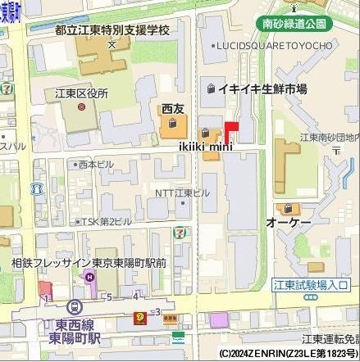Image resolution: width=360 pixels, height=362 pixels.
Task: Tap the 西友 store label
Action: pyautogui.click(x=173, y=108)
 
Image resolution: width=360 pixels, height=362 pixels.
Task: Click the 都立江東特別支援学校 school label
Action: pyautogui.click(x=112, y=29)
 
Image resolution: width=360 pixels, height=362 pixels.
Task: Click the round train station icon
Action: pyautogui.click(x=75, y=305)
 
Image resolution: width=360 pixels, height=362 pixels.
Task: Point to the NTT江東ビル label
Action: pyautogui.click(x=182, y=192)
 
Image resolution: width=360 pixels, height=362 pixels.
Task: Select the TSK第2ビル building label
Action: pyautogui.click(x=105, y=221)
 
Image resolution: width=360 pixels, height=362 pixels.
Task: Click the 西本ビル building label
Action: pyautogui.click(x=95, y=165)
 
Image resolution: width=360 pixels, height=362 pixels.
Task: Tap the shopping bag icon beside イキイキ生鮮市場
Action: pyautogui.click(x=212, y=88)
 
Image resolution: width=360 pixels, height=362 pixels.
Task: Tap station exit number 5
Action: pyautogui.click(x=109, y=296)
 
